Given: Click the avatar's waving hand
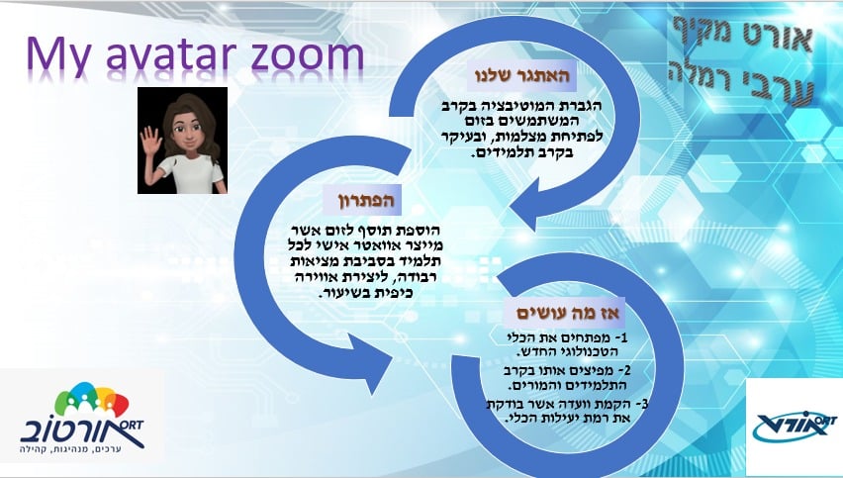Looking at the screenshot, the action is [151, 143].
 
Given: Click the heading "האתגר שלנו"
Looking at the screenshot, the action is [520, 75].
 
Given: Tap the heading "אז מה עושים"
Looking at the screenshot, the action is [568, 313].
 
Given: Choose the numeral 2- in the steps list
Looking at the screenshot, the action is [623, 371].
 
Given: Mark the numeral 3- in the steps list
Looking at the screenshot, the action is [641, 404].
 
